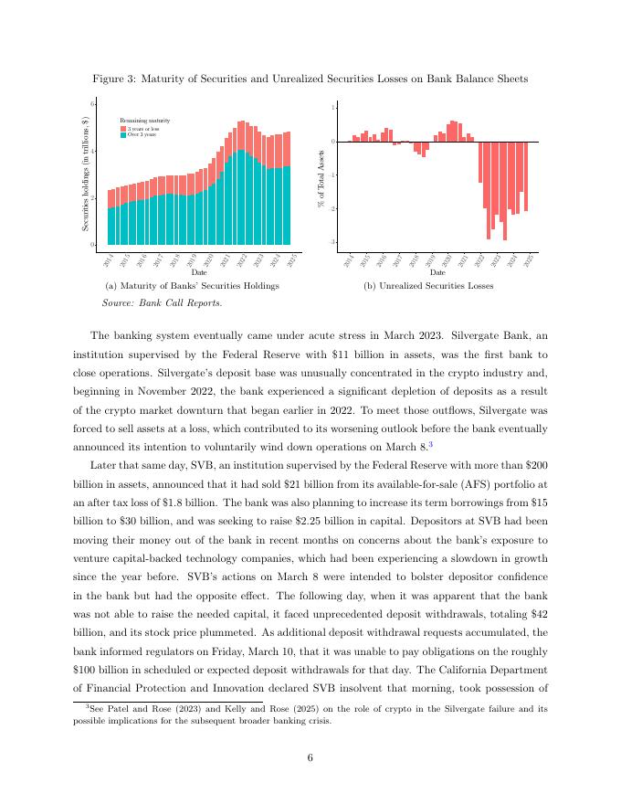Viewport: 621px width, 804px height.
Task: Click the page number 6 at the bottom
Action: click(310, 754)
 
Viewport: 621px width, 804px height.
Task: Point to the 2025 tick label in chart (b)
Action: click(529, 261)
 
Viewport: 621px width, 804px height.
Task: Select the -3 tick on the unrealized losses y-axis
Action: click(333, 242)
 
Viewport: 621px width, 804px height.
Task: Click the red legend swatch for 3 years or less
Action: click(123, 130)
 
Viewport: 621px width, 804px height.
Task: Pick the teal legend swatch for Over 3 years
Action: click(123, 135)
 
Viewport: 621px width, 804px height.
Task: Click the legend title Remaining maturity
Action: click(145, 121)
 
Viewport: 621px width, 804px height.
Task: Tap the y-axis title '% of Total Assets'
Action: click(321, 178)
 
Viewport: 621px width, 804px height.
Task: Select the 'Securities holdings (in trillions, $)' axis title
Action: click(85, 174)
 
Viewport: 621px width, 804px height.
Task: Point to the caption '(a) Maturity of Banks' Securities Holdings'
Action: click(193, 286)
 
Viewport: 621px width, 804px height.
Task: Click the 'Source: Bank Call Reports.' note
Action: click(149, 302)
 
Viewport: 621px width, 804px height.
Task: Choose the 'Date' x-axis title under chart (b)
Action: click(437, 271)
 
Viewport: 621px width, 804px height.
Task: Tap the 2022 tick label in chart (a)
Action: click(242, 261)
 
